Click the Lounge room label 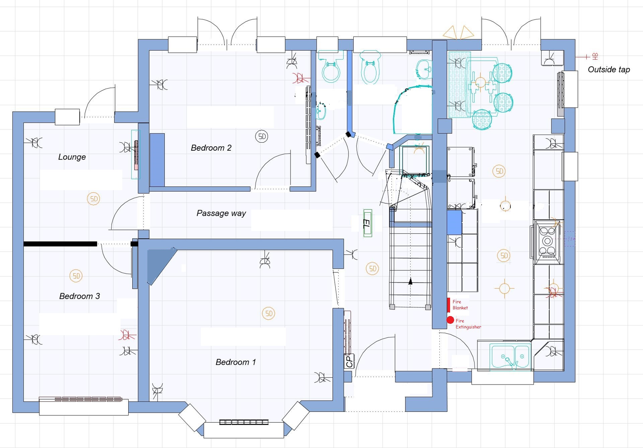click(72, 157)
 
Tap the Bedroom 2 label click(211, 148)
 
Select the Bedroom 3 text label click(80, 296)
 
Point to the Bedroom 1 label click(235, 362)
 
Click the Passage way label click(221, 213)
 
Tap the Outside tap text click(609, 70)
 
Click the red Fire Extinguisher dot click(450, 320)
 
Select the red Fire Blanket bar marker click(448, 305)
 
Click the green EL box click(368, 223)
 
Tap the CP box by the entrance click(349, 361)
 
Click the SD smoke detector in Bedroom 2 click(262, 136)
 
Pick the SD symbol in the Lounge click(93, 199)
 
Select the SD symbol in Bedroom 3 click(76, 276)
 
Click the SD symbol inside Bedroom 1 click(269, 313)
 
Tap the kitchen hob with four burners click(547, 241)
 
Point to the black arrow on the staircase click(410, 281)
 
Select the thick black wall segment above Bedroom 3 click(60, 244)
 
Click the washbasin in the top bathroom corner click(424, 69)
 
